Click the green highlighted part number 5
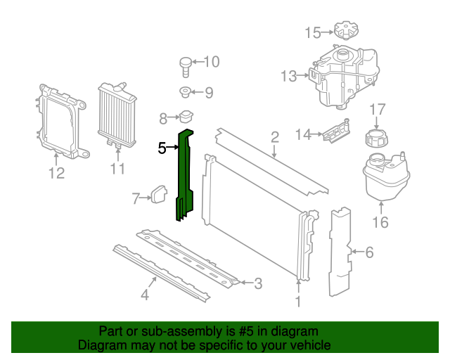tap(186, 172)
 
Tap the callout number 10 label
tap(211, 62)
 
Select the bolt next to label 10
tap(185, 67)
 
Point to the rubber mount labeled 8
tap(186, 117)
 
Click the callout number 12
tap(56, 173)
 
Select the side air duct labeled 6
tap(340, 250)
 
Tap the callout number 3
tap(258, 284)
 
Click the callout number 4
tap(144, 295)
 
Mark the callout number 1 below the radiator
tap(298, 302)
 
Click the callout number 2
tap(275, 137)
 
